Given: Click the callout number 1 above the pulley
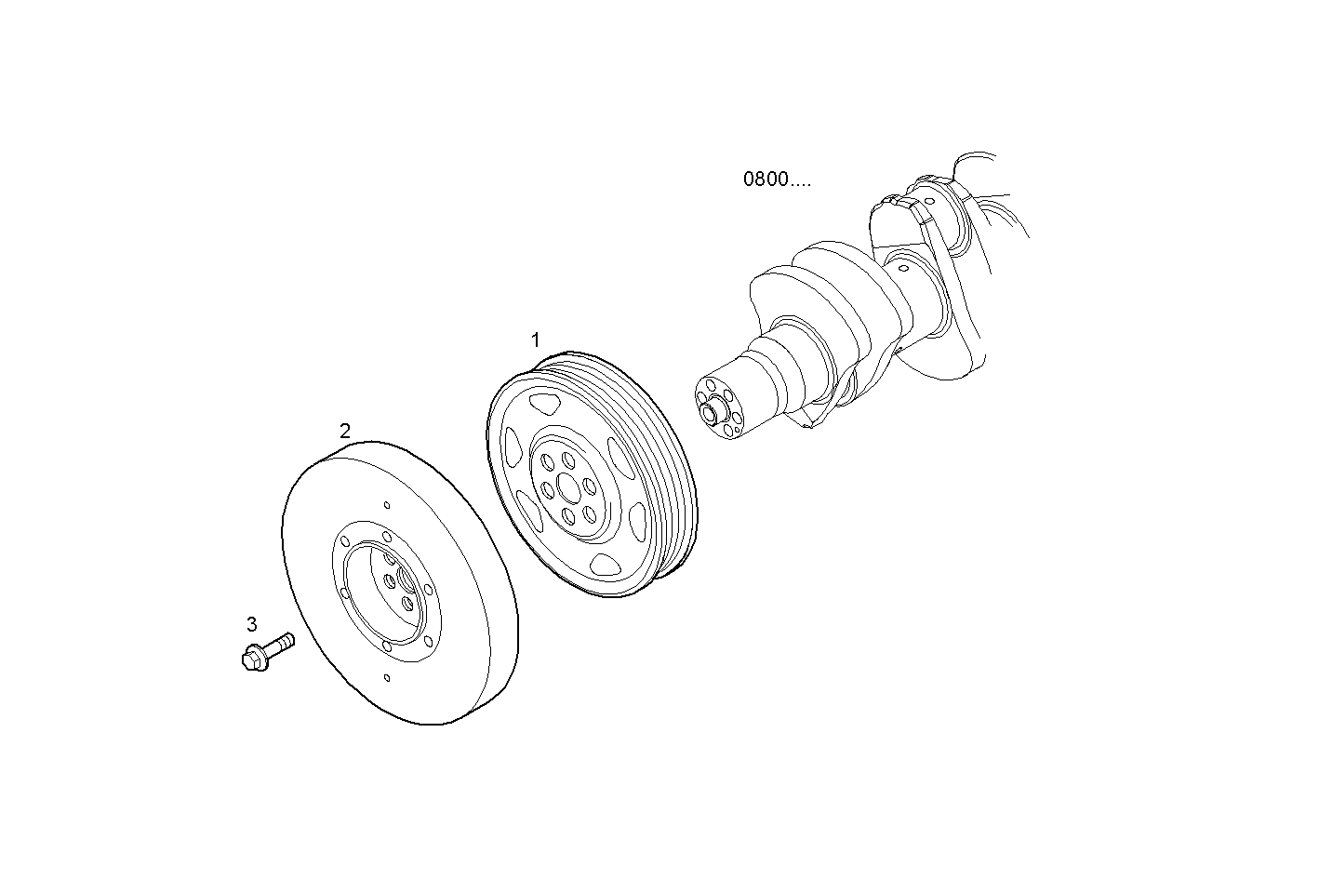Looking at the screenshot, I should point(535,340).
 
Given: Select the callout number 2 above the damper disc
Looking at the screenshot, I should point(345,431).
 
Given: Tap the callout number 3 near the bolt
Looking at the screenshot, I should point(251,624).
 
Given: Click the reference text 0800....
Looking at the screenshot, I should point(776,180).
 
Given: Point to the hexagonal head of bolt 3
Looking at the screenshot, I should point(252,658).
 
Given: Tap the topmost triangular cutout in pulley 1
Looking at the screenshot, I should point(542,405).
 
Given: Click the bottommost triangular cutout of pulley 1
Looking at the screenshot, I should point(606,563).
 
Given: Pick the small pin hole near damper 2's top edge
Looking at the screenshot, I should point(387,506).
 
